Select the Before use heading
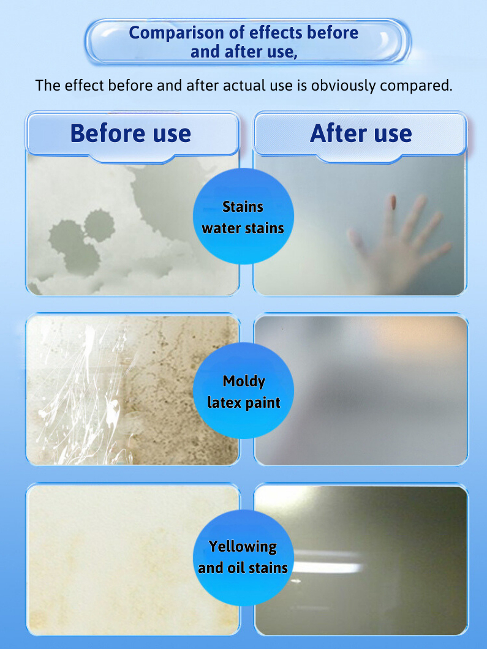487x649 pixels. [x=131, y=133]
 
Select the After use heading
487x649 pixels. [x=361, y=133]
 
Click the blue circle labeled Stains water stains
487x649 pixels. [x=244, y=216]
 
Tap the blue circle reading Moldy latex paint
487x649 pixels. [x=244, y=391]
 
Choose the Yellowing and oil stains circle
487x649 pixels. [x=244, y=558]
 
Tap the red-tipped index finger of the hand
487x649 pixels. [x=390, y=213]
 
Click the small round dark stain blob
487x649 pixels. [x=99, y=225]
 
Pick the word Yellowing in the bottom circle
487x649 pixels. [x=243, y=547]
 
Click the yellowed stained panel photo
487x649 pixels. [x=133, y=559]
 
